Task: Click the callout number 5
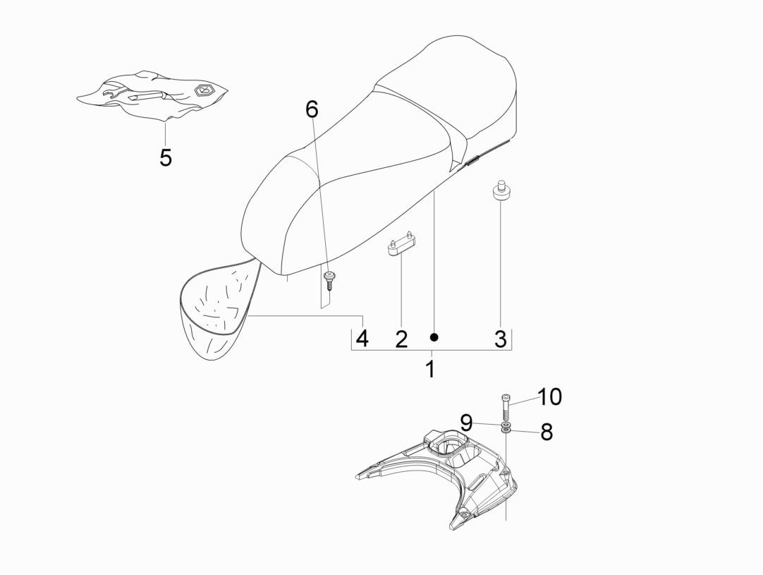coord(166,157)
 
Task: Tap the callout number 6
coord(312,109)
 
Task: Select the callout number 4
coord(362,339)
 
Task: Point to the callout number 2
coord(401,339)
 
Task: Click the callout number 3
coord(500,339)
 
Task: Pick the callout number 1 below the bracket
coord(430,369)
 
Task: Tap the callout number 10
coord(549,397)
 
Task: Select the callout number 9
coord(466,423)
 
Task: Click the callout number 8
coord(547,431)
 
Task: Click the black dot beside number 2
coord(434,337)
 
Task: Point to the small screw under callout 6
coord(329,281)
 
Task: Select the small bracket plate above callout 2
coord(403,246)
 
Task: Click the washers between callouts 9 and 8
coord(506,428)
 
